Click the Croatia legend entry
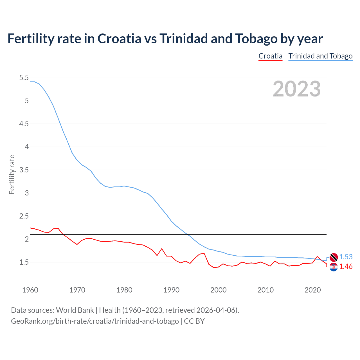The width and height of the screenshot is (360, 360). click(x=270, y=56)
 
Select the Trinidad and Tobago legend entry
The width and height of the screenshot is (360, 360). click(x=320, y=56)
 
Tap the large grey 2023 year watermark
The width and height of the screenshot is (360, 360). click(x=296, y=89)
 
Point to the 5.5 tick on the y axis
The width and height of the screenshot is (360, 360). click(x=24, y=78)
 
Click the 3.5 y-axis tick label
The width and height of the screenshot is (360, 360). click(x=24, y=170)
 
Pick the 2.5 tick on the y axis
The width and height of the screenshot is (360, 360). click(x=24, y=216)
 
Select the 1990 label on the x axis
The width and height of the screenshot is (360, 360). click(x=171, y=290)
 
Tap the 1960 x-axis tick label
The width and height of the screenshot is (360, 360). click(x=30, y=290)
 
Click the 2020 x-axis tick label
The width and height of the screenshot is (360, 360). click(x=312, y=290)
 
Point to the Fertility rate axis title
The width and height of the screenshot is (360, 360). click(x=12, y=174)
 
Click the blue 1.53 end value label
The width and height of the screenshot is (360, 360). click(x=346, y=257)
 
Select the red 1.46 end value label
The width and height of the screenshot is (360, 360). click(x=346, y=266)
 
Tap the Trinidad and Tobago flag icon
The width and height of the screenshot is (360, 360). click(x=334, y=257)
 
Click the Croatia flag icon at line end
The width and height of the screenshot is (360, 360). click(x=334, y=267)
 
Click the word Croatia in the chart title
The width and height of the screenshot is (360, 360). click(x=119, y=39)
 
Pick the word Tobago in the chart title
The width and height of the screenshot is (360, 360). click(x=256, y=39)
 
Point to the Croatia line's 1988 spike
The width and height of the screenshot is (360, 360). click(x=162, y=249)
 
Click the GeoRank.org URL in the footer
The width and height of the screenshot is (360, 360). click(x=95, y=321)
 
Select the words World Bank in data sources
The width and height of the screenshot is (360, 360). click(x=75, y=310)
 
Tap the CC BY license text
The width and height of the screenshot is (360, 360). click(x=194, y=321)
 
